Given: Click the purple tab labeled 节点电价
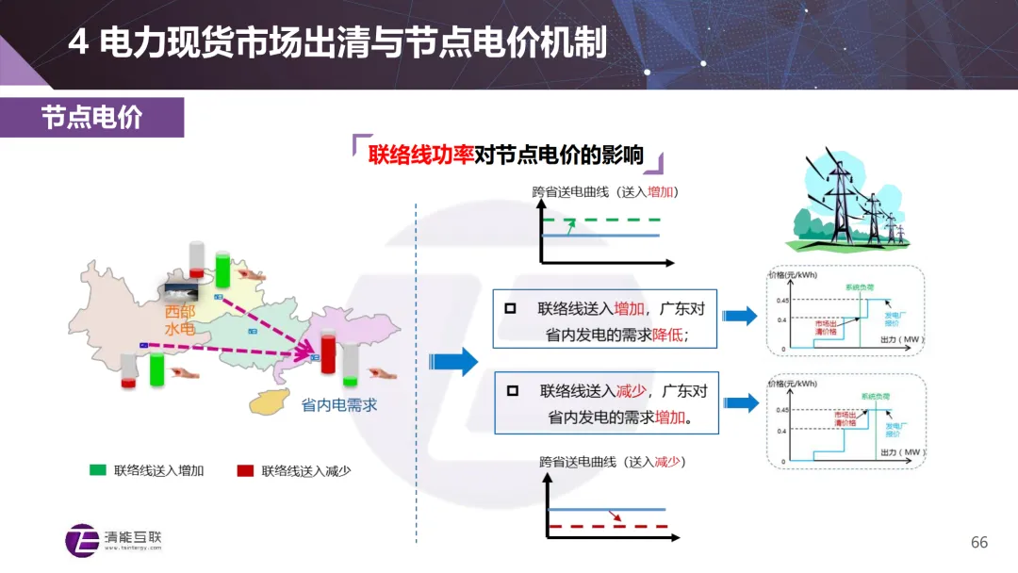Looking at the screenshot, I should (91, 117).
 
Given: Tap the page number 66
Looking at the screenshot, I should (979, 542).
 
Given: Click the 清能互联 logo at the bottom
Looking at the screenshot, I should (114, 539).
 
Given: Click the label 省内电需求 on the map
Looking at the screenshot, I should (338, 405).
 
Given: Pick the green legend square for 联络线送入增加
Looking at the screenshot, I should (98, 469).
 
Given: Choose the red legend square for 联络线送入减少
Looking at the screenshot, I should (245, 469).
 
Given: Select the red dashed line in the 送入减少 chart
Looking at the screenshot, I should (607, 525).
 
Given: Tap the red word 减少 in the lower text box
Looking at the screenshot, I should (630, 390).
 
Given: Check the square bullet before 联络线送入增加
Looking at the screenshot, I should (511, 308).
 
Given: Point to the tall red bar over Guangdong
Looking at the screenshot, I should (328, 350).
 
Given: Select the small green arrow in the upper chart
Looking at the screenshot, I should (571, 226).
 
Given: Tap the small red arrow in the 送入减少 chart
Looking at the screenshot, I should (616, 516).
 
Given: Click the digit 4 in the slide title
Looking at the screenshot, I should (78, 42).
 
